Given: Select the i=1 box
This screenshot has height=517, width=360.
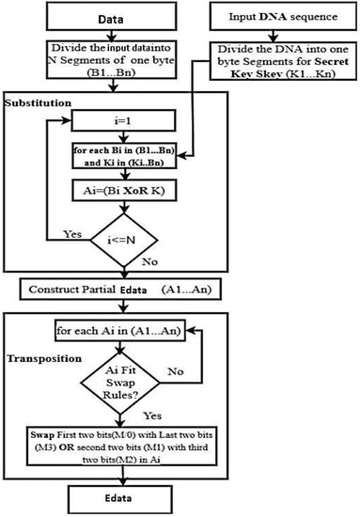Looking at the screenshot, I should tap(133, 119).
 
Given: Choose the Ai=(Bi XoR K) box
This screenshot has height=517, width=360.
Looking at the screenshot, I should tap(133, 188).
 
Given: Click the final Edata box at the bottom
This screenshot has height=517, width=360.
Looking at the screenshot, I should tap(132, 496).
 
